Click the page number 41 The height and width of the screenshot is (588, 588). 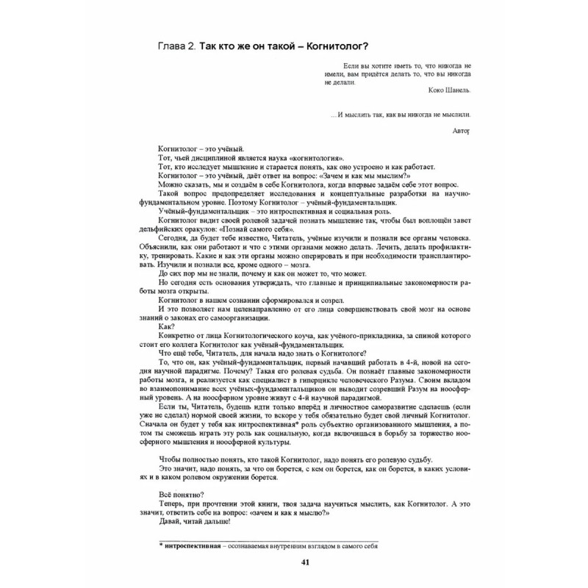tap(294, 563)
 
